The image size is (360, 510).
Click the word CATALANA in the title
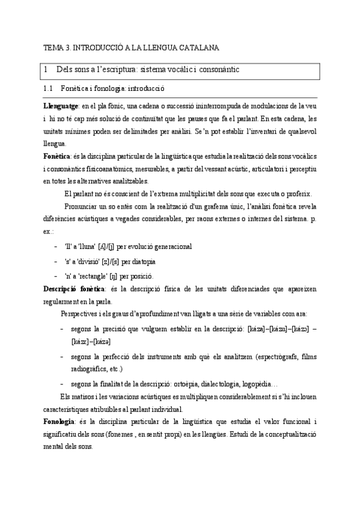(x=199, y=47)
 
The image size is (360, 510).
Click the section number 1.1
(x=50, y=89)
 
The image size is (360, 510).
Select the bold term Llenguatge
(x=61, y=105)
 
